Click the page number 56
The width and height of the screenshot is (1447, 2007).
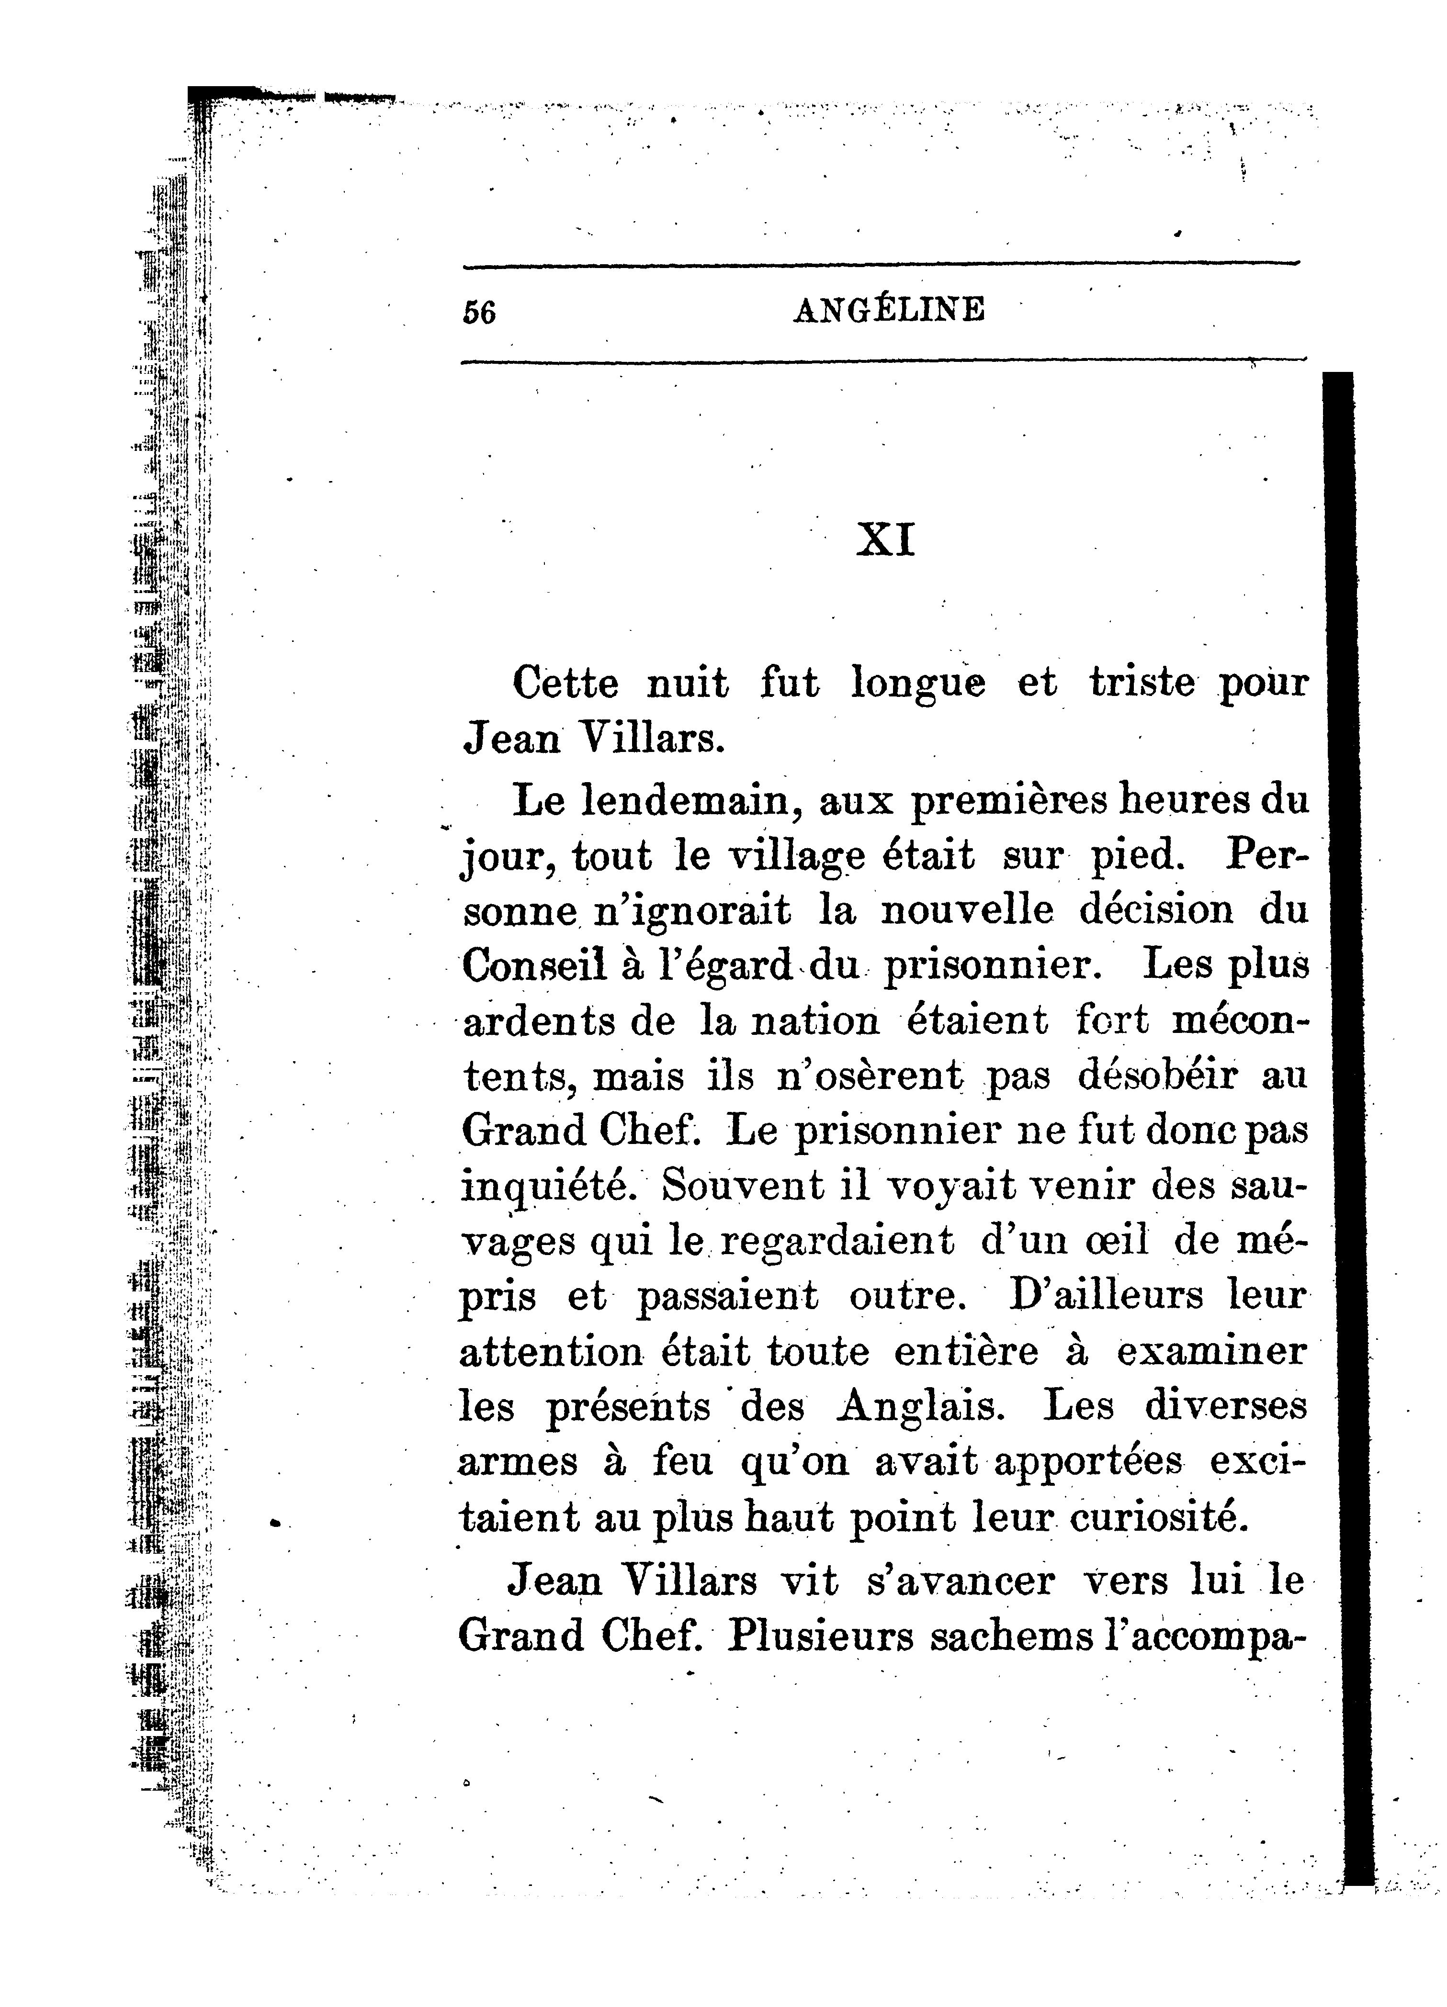point(479,313)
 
